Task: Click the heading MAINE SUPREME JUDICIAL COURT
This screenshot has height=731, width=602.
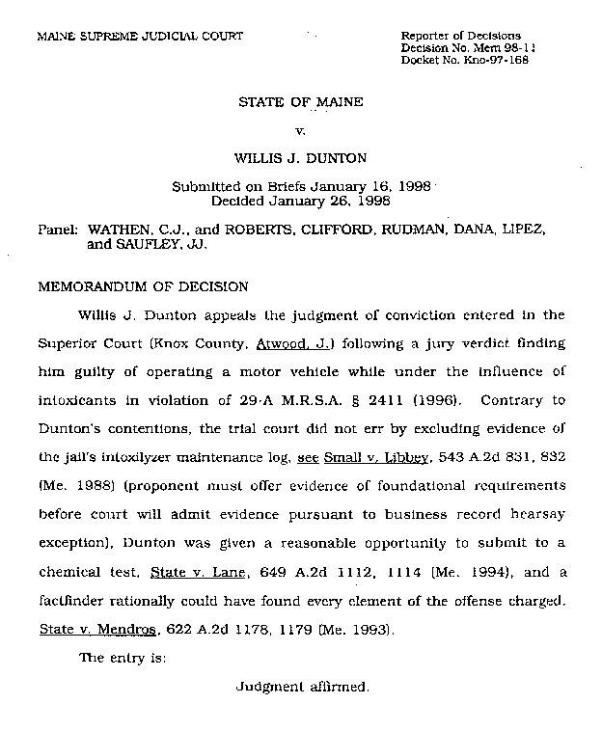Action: pos(139,37)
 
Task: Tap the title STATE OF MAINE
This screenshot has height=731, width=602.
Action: pos(300,101)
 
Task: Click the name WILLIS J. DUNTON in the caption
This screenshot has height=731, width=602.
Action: pos(300,155)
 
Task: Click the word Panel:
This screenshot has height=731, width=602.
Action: pos(57,231)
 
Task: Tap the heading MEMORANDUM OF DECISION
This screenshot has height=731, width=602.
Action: pos(142,286)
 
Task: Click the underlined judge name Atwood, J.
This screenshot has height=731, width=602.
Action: pos(287,342)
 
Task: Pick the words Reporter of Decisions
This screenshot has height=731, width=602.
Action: pos(460,36)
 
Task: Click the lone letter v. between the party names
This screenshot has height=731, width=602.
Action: pos(300,128)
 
